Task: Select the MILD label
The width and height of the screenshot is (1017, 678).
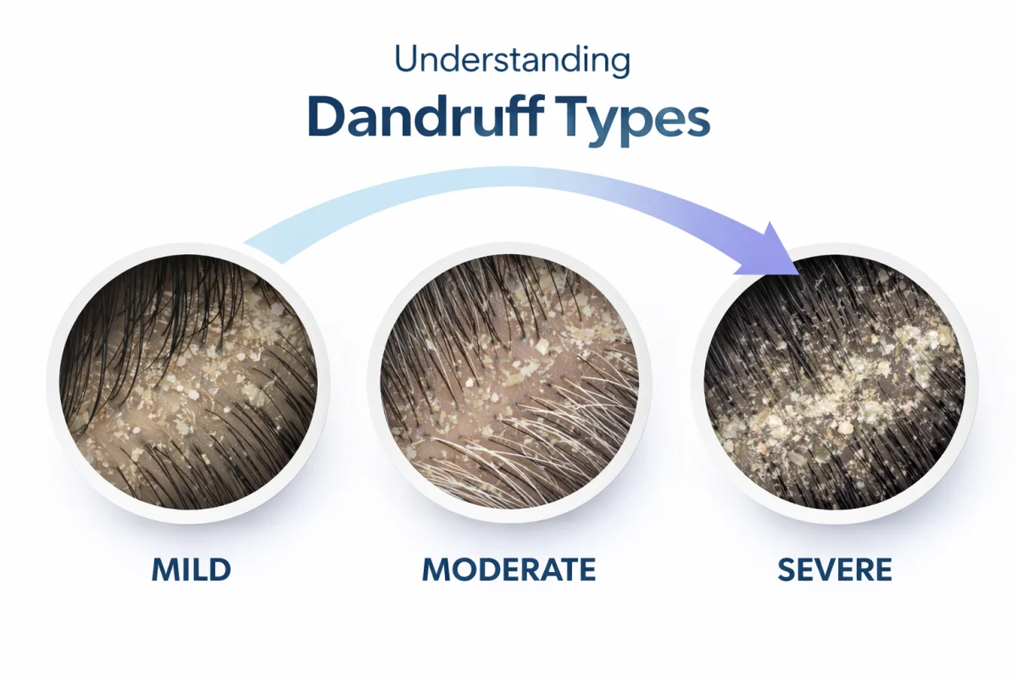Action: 192,570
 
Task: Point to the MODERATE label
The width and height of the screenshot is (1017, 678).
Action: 508,570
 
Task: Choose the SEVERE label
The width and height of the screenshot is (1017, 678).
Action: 835,570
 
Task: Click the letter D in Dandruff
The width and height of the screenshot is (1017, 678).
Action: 326,120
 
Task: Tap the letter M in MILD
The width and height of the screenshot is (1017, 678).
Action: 165,570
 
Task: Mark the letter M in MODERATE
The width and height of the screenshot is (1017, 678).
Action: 436,570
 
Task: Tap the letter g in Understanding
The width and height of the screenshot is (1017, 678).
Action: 619,66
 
